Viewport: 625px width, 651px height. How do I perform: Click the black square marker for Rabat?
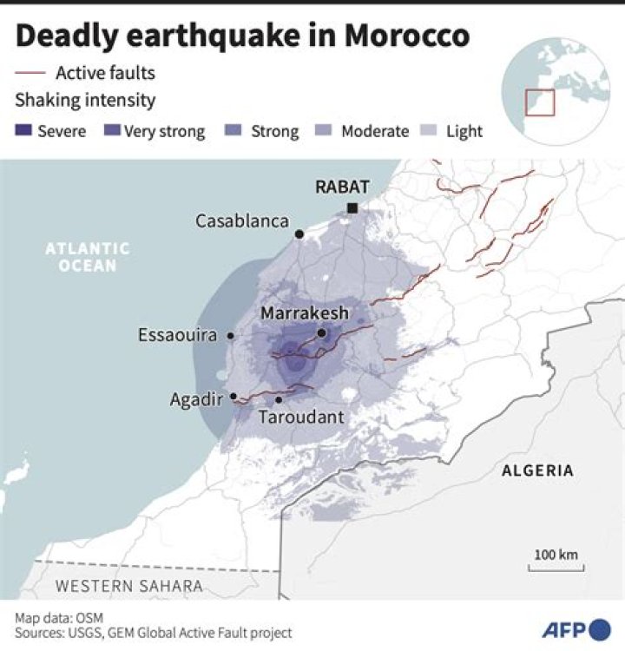pyautogui.click(x=352, y=207)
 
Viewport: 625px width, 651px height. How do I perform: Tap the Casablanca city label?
pyautogui.click(x=241, y=221)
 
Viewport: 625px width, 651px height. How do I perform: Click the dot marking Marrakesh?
pyautogui.click(x=321, y=332)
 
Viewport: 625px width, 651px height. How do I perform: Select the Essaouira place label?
pyautogui.click(x=177, y=335)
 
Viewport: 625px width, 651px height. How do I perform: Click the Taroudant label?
pyautogui.click(x=301, y=418)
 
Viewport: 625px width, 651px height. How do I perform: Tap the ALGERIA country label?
pyautogui.click(x=537, y=470)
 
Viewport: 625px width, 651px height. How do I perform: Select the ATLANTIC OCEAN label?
pyautogui.click(x=88, y=257)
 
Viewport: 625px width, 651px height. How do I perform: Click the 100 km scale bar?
pyautogui.click(x=556, y=568)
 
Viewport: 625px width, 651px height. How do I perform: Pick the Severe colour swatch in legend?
pyautogui.click(x=23, y=132)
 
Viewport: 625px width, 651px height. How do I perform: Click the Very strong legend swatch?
pyautogui.click(x=111, y=132)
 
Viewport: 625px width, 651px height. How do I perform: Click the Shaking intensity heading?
pyautogui.click(x=85, y=100)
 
